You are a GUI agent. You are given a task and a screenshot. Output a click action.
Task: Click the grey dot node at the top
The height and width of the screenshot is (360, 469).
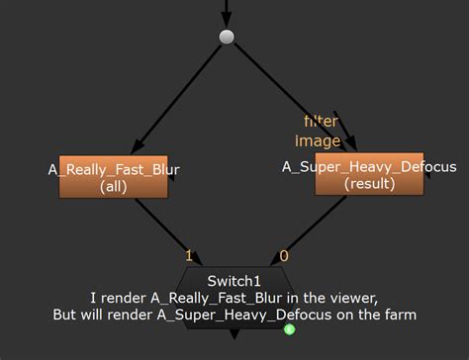coord(227,38)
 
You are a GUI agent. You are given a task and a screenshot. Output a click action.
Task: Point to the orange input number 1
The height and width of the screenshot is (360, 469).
coord(189,256)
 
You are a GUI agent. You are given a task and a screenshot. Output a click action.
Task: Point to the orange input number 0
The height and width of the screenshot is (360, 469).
coord(285,256)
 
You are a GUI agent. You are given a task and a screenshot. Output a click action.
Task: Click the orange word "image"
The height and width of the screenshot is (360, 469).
coord(318,141)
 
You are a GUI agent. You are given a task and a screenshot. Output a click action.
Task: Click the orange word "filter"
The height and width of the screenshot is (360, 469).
coord(322,121)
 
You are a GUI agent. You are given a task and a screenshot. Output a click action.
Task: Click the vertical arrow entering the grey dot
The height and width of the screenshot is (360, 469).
coord(227,12)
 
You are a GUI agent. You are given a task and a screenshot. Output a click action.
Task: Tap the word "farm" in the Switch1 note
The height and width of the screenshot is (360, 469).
coord(399,315)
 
